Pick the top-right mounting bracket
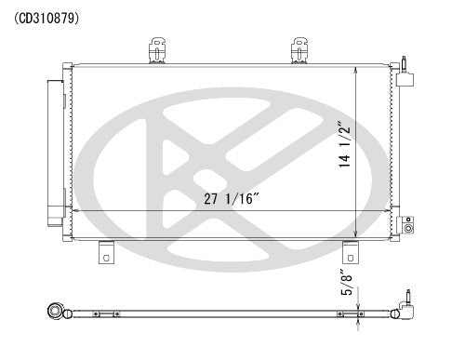[300, 49]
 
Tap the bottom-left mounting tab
[105, 250]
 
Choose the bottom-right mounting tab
[350, 250]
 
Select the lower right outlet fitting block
[405, 226]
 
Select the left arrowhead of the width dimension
[74, 210]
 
